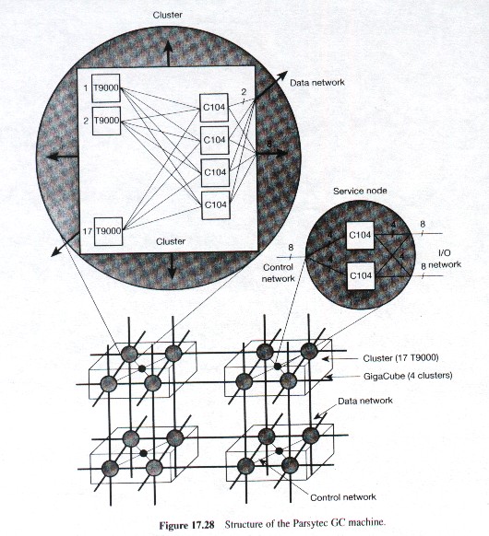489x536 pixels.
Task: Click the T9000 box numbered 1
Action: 106,88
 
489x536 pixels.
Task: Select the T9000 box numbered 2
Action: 106,121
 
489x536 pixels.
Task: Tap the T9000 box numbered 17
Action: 108,231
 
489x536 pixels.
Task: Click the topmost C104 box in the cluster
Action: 214,108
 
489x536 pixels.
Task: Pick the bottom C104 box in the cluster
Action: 215,205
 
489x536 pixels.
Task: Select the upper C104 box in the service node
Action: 360,236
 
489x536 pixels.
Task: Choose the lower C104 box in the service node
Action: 361,275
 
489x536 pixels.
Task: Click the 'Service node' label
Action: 360,191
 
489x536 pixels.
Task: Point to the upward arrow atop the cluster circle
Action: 168,53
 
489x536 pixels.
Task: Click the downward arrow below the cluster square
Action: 172,265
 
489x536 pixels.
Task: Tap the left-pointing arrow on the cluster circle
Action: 63,157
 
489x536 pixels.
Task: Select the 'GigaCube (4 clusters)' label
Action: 408,376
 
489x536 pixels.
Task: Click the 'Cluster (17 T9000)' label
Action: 400,358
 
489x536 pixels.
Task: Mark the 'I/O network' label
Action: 445,259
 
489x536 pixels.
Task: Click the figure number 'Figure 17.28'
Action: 186,525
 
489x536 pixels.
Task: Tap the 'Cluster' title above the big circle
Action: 167,15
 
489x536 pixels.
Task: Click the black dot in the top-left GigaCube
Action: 141,368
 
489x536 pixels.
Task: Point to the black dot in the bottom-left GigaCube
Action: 143,453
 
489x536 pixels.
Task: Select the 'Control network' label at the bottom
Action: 343,497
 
